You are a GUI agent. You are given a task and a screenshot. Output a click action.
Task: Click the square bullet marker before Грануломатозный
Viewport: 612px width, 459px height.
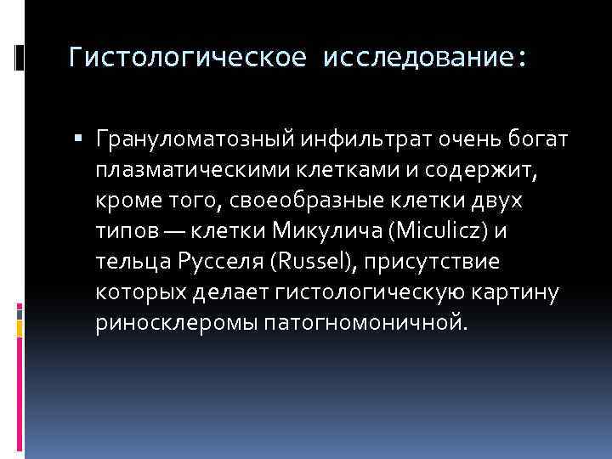click(87, 137)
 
